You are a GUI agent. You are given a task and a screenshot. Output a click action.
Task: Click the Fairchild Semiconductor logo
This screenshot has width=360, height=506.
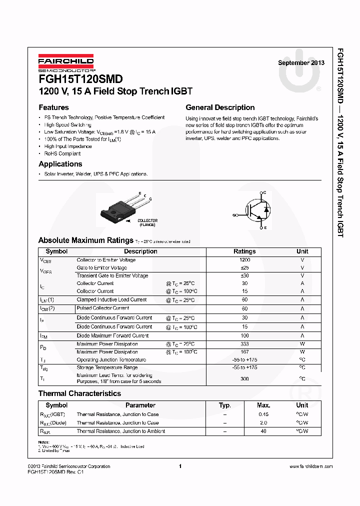[66, 62]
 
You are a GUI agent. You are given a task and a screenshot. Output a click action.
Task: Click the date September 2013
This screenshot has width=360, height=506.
[301, 63]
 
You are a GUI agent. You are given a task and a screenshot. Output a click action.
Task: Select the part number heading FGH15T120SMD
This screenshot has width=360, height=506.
[80, 79]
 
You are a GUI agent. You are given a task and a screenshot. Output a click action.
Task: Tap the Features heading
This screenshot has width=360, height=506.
[53, 107]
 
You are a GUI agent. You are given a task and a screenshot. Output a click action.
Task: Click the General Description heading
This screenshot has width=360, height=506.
[220, 107]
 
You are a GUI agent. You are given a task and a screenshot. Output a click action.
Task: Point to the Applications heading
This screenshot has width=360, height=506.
[60, 164]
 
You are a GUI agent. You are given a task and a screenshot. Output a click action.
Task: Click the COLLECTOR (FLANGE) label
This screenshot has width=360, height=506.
[147, 222]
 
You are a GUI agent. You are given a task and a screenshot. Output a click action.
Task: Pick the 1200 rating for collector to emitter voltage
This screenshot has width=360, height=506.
[244, 260]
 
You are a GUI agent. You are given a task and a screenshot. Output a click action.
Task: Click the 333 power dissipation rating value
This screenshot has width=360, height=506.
[244, 344]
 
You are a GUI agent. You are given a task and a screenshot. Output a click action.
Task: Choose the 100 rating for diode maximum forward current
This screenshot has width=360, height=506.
[244, 335]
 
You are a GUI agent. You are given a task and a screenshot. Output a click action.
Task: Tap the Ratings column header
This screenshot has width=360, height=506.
[244, 251]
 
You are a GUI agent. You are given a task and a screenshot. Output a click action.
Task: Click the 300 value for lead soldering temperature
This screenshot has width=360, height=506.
[244, 378]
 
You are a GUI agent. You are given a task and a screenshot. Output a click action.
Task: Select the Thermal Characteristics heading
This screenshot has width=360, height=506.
[79, 393]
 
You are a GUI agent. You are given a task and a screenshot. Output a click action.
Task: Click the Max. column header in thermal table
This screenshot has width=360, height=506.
[263, 405]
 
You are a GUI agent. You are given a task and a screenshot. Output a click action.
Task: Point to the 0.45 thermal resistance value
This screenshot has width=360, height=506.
[263, 414]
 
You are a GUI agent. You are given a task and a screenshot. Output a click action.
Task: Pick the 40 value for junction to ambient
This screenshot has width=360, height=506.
[263, 431]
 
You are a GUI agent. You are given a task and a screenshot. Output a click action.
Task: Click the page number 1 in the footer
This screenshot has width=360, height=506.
[179, 466]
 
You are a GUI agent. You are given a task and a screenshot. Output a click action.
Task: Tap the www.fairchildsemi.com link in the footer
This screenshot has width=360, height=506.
[310, 466]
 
